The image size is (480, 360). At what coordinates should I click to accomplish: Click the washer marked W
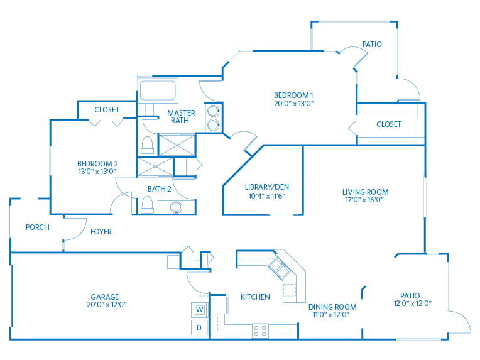click(200, 310)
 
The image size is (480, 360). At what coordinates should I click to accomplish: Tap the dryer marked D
click(200, 327)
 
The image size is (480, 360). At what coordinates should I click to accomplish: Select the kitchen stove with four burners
click(260, 330)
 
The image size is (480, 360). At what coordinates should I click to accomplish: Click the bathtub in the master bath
click(158, 90)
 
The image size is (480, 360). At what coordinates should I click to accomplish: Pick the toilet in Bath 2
click(147, 205)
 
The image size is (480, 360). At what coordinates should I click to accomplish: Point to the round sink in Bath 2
click(176, 207)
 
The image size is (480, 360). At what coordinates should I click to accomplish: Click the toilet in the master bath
click(147, 145)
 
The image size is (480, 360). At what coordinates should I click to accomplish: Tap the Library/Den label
click(267, 187)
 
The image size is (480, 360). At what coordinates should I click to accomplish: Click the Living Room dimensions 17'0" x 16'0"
click(364, 200)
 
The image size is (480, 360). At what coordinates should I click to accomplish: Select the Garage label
click(105, 297)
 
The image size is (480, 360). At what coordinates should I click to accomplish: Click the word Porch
click(37, 227)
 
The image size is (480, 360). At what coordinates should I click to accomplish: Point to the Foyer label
click(101, 232)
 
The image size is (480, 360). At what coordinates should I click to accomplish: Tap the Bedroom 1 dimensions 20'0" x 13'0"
click(294, 104)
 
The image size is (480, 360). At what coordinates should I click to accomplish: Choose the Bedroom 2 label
click(97, 164)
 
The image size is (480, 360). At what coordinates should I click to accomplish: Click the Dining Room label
click(332, 307)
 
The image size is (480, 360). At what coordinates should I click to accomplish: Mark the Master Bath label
click(181, 117)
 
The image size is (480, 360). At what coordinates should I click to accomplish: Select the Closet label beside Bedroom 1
click(389, 124)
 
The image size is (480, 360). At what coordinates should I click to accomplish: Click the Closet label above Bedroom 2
click(107, 109)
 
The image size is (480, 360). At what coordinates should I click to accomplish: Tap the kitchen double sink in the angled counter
click(279, 268)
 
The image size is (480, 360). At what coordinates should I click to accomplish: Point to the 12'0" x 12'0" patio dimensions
click(413, 303)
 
